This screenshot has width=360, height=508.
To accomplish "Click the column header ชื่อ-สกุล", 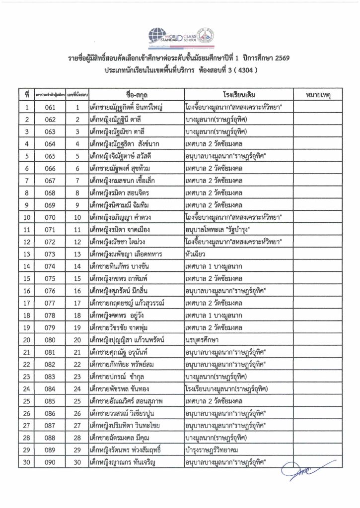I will click(x=135, y=94).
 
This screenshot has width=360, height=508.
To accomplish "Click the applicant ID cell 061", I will click(x=50, y=107).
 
